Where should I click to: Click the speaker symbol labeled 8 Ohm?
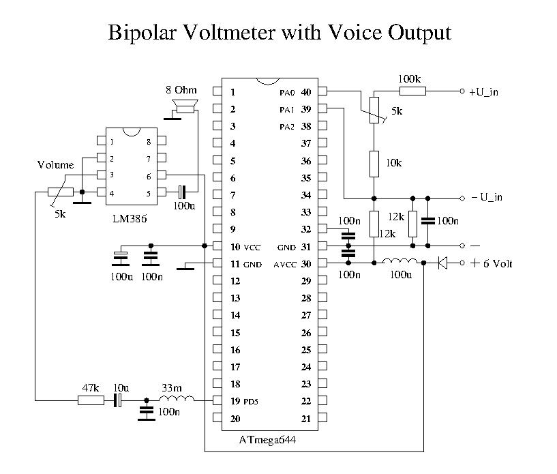(x=185, y=106)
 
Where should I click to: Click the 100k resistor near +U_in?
(x=412, y=91)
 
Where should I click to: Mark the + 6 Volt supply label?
(x=490, y=263)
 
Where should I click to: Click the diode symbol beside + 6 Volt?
(x=442, y=263)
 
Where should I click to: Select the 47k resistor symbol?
(x=91, y=401)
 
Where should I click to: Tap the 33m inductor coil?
(x=179, y=400)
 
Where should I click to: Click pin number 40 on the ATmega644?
(x=306, y=92)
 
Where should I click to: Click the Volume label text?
(x=55, y=165)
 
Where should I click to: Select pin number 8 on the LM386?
(x=148, y=142)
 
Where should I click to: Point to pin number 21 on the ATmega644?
(x=306, y=418)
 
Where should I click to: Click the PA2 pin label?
(x=287, y=127)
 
